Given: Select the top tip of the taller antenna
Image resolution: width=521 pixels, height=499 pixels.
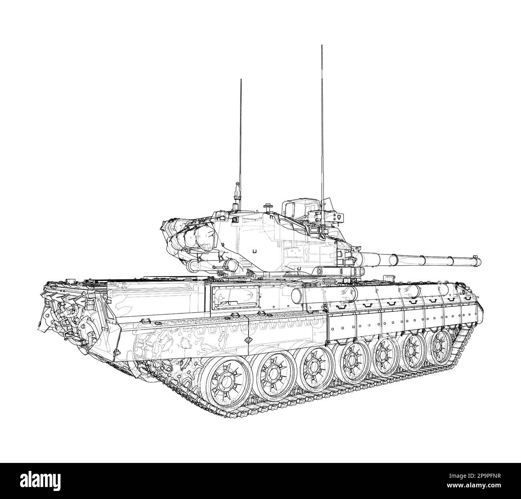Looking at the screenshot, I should click(x=322, y=46).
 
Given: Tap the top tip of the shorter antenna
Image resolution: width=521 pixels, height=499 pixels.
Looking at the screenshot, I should click(x=241, y=80).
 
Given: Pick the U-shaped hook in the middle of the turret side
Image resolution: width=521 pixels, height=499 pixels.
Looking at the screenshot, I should click(x=254, y=251).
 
